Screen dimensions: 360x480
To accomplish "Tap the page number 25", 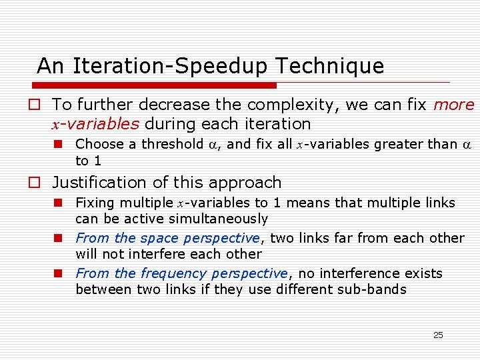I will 438,335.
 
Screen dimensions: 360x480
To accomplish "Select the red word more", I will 453,105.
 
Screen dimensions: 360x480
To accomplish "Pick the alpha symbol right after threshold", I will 215,145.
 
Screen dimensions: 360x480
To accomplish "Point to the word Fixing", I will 95,203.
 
